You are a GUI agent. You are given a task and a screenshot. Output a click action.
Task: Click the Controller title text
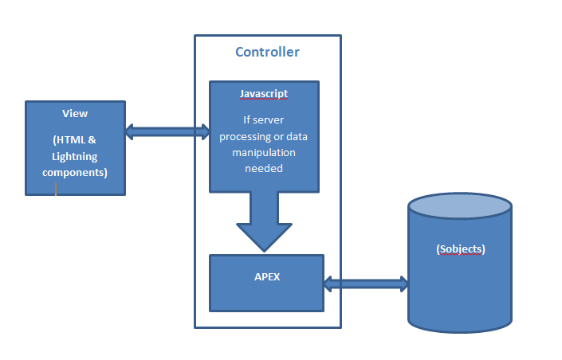(267, 53)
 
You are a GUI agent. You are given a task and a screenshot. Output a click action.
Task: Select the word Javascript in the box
(264, 94)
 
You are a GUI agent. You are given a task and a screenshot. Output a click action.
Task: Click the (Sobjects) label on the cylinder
(460, 249)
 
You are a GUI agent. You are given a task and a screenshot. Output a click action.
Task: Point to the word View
(75, 114)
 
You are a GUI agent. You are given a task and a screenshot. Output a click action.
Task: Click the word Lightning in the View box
(75, 157)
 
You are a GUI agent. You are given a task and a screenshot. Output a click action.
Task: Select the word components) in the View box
(75, 172)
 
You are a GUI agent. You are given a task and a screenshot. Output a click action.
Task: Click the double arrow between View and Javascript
(167, 131)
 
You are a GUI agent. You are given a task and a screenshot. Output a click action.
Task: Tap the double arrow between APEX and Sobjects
(366, 283)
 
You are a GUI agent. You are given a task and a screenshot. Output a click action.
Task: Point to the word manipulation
(264, 152)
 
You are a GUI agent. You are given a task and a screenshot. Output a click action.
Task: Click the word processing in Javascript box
(251, 137)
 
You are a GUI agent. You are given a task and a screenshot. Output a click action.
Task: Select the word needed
(264, 168)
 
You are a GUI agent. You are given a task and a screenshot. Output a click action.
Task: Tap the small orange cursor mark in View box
(56, 189)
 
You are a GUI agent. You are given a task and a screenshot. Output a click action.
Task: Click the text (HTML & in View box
(75, 141)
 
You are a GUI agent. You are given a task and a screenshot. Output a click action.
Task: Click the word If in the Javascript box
(247, 121)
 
